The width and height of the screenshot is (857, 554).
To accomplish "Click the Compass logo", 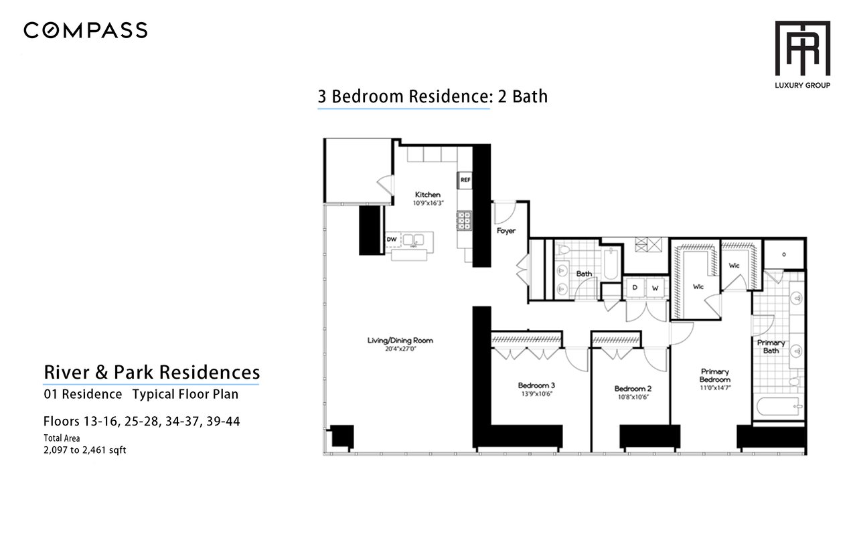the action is coord(85,30).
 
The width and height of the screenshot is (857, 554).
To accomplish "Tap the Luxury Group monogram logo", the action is coord(803,48).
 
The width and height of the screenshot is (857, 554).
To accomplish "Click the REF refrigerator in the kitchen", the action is coord(465,180).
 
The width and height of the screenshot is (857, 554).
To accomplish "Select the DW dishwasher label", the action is coord(392,240).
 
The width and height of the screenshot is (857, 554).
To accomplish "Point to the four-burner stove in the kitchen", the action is coord(465,221).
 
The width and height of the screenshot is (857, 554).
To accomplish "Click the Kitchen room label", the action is coord(428,195).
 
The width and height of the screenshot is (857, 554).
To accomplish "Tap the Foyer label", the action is coord(505,231).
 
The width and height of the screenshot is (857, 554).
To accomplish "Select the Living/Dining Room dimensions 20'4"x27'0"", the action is coord(400,349).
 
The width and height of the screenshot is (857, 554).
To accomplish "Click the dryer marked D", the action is coord(634,287).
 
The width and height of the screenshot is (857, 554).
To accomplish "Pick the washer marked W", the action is coord(655,288).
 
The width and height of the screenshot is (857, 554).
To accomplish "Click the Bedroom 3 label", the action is coord(536,385).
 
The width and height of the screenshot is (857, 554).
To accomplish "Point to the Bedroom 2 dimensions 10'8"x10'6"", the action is coord(633,397).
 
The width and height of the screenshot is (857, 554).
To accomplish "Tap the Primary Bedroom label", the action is coord(714,375).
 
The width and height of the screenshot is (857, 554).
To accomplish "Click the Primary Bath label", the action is coord(771,347).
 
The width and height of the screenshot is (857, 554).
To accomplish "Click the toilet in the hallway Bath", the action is coord(564,250).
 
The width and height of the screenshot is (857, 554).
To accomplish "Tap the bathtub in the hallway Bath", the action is coord(611,264).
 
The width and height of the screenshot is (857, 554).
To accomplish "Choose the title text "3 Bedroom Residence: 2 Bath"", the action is coord(433,96).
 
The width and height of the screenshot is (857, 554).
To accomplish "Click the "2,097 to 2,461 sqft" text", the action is coord(84,450).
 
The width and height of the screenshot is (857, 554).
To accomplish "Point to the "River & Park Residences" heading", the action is coord(152,372).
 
